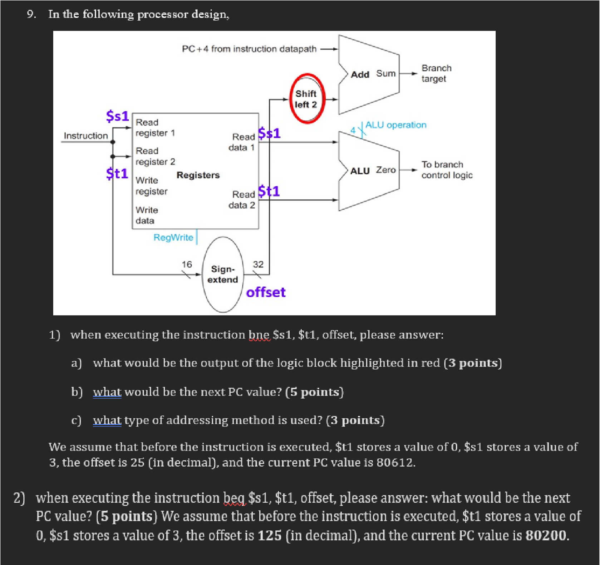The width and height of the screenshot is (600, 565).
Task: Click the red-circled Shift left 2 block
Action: click(306, 99)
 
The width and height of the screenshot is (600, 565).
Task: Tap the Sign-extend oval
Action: click(222, 274)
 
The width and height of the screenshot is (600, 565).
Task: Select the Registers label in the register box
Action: click(198, 175)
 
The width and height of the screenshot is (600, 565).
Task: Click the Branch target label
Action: click(436, 73)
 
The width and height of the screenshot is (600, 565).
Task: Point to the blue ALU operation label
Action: click(395, 125)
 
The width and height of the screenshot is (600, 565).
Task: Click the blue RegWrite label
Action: click(173, 237)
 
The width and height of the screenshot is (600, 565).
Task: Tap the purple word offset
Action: click(266, 292)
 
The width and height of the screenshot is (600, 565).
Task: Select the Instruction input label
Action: click(85, 136)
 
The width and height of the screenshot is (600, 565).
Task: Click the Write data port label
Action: click(146, 215)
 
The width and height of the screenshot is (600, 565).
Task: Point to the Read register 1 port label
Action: click(155, 127)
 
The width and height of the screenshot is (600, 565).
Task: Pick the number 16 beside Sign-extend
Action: click(187, 264)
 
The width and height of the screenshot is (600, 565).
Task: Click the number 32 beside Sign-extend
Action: click(258, 264)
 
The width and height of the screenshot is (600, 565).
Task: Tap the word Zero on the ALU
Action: click(385, 170)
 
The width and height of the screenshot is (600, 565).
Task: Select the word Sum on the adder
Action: click(385, 73)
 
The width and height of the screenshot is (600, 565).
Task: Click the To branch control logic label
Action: click(446, 170)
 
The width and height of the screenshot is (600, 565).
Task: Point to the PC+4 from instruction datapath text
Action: click(249, 49)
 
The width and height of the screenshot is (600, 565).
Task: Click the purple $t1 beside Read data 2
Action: click(269, 191)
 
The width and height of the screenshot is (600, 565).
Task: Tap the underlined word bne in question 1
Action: click(259, 335)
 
